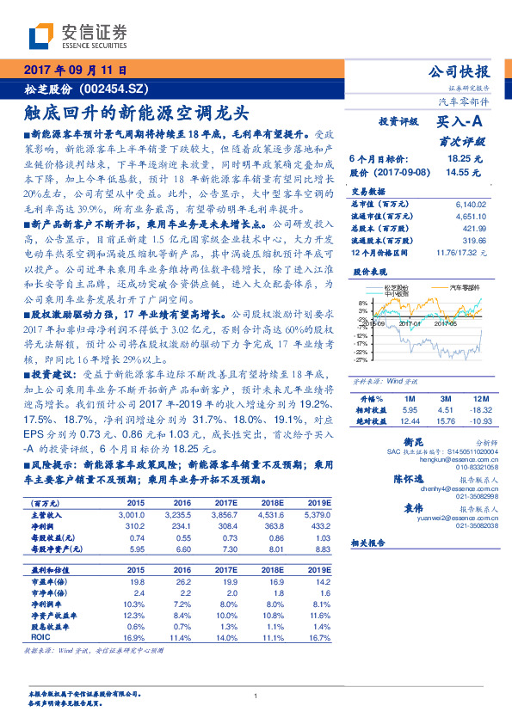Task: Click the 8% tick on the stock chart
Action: (363, 304)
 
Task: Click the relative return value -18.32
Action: (478, 410)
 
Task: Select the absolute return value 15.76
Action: (445, 420)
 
